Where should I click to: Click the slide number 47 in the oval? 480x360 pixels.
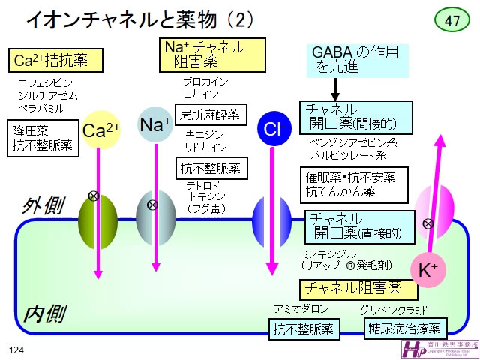pyautogui.click(x=451, y=21)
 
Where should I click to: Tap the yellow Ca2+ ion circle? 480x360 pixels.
pyautogui.click(x=101, y=130)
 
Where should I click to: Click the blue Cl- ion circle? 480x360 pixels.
pyautogui.click(x=273, y=130)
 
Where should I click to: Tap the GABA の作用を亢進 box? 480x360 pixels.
pyautogui.click(x=357, y=60)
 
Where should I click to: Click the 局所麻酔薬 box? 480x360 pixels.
pyautogui.click(x=210, y=114)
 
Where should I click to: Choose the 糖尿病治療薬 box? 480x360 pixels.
pyautogui.click(x=405, y=328)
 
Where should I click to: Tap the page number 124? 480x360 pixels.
pyautogui.click(x=17, y=350)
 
